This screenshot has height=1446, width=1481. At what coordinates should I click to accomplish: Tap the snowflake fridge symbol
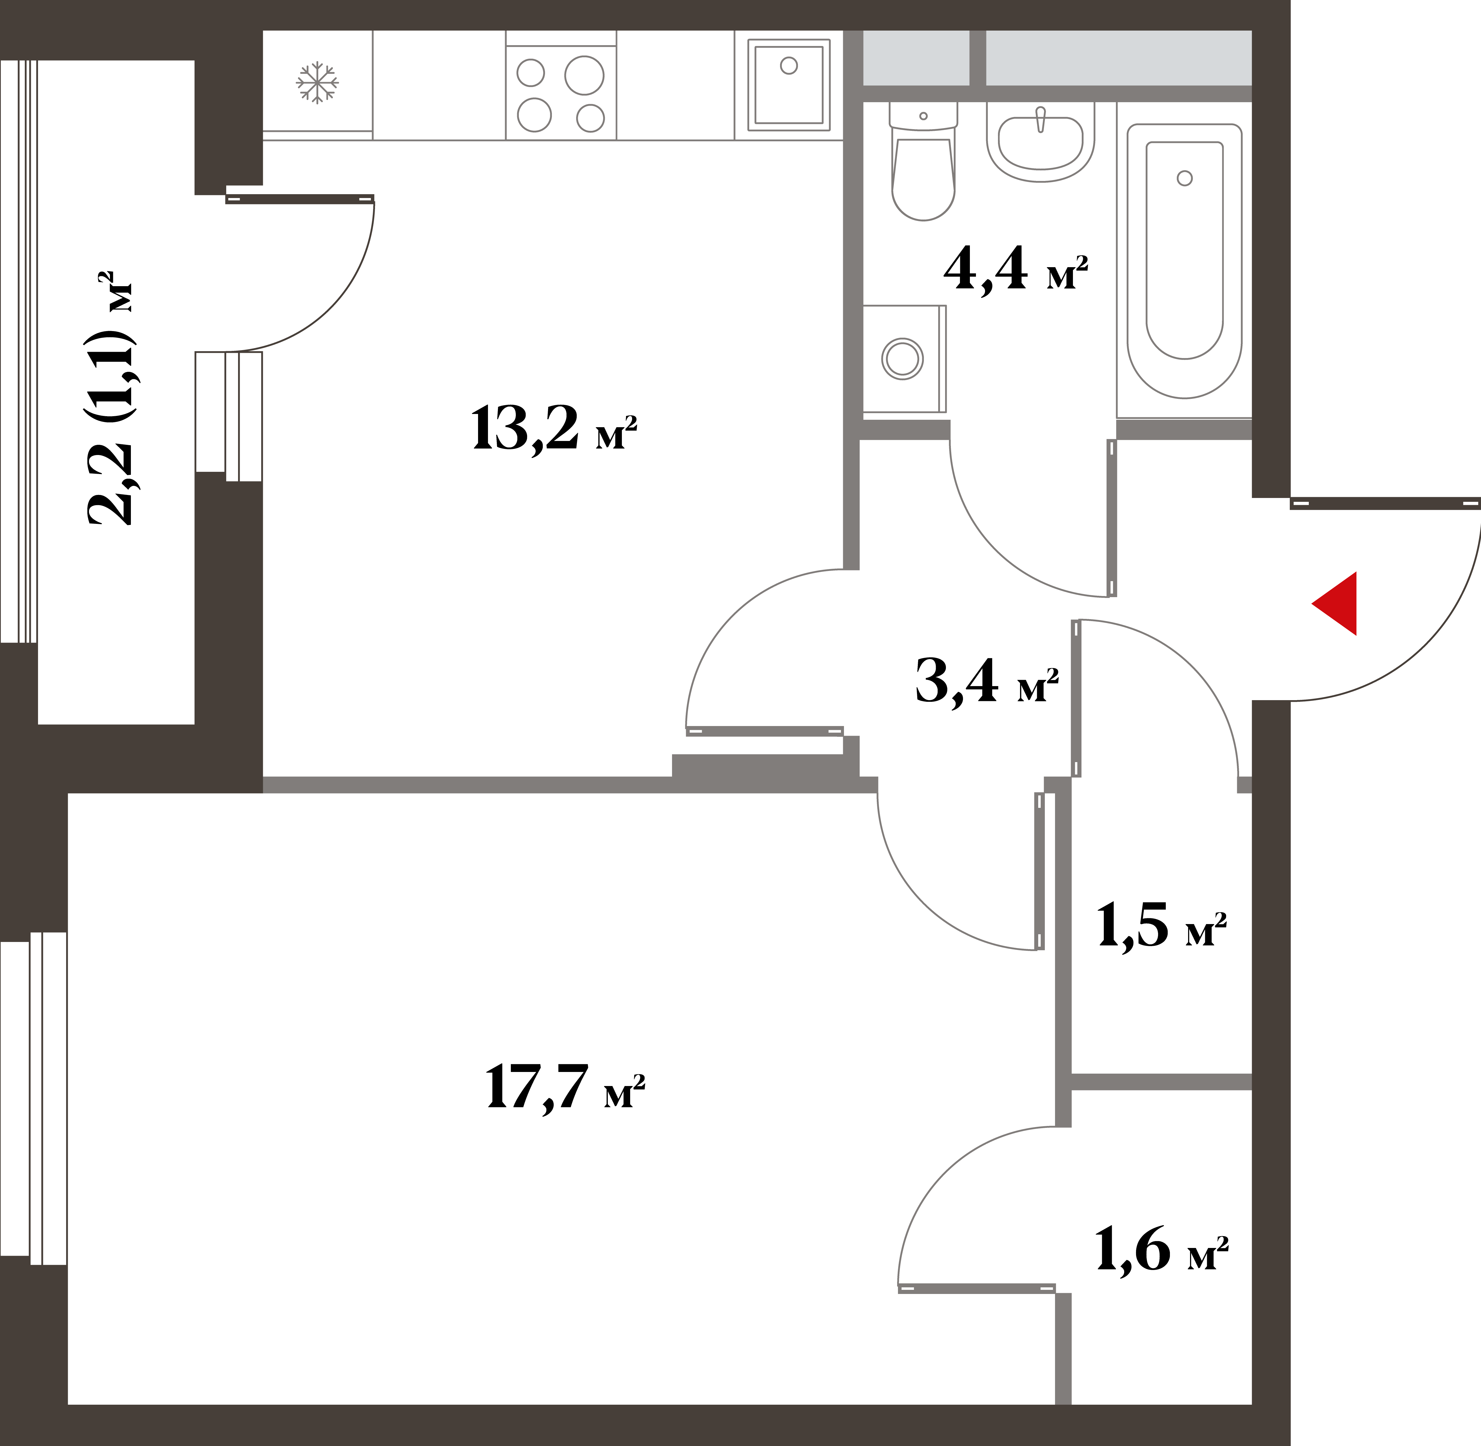point(317,82)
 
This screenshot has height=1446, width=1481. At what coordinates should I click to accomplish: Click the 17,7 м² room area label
point(565,1088)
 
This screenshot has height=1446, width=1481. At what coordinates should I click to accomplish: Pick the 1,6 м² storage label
point(1161,1249)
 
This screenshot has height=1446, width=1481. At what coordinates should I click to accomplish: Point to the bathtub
point(1184,261)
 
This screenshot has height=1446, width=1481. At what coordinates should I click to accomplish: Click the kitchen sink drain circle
point(789,66)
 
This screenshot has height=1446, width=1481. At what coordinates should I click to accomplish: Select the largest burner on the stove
point(584,75)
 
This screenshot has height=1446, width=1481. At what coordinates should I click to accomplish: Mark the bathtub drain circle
point(1185,178)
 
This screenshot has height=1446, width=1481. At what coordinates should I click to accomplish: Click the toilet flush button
point(923,116)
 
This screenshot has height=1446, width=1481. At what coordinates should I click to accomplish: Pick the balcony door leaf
point(300,199)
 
